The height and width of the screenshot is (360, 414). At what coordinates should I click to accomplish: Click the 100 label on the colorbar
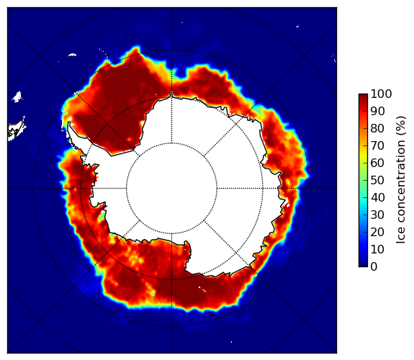[x=381, y=94]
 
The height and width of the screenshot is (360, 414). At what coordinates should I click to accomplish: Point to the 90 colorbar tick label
[x=377, y=111]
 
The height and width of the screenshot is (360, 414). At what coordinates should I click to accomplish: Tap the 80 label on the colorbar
[x=377, y=128]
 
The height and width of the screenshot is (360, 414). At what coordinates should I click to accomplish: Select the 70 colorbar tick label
[x=377, y=145]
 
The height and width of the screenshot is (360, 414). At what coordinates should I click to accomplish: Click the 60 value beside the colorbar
[x=377, y=163]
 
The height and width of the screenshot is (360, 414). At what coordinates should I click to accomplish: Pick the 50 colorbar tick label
[x=377, y=181]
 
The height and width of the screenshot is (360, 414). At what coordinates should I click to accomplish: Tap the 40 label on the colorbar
[x=377, y=197]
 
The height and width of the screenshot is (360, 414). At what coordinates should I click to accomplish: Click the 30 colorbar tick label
[x=377, y=215]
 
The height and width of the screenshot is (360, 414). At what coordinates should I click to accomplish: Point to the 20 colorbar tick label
[x=377, y=232]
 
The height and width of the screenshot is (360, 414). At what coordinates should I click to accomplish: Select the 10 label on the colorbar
[x=377, y=249]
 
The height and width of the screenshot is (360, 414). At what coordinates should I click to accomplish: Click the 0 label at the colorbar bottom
[x=374, y=267]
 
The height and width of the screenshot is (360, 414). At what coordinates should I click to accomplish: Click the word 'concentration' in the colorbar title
[x=401, y=184]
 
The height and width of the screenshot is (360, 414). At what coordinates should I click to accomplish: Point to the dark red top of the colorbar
[x=363, y=96]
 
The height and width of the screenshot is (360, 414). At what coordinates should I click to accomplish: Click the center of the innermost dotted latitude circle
[x=171, y=189]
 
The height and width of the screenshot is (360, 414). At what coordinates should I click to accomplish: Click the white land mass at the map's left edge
[x=17, y=130]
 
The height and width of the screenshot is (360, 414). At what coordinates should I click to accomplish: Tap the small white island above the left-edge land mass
[x=17, y=96]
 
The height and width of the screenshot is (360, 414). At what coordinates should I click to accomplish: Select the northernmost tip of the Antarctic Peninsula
[x=69, y=123]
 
